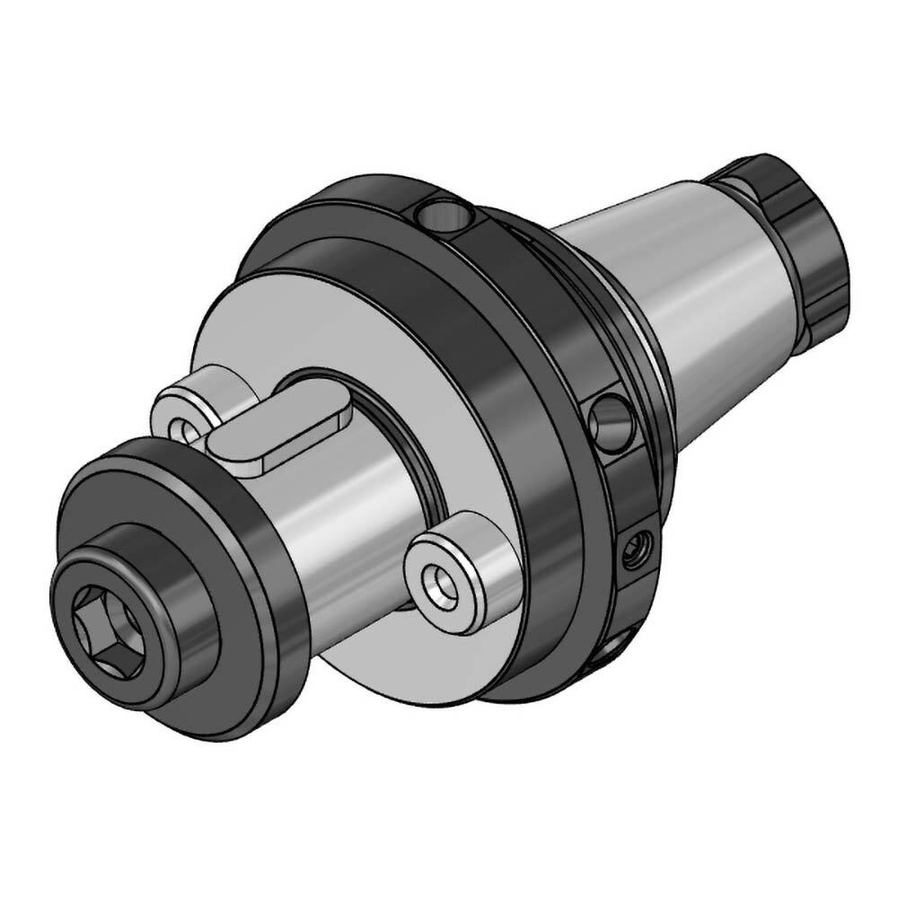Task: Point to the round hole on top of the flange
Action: click(x=445, y=215)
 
